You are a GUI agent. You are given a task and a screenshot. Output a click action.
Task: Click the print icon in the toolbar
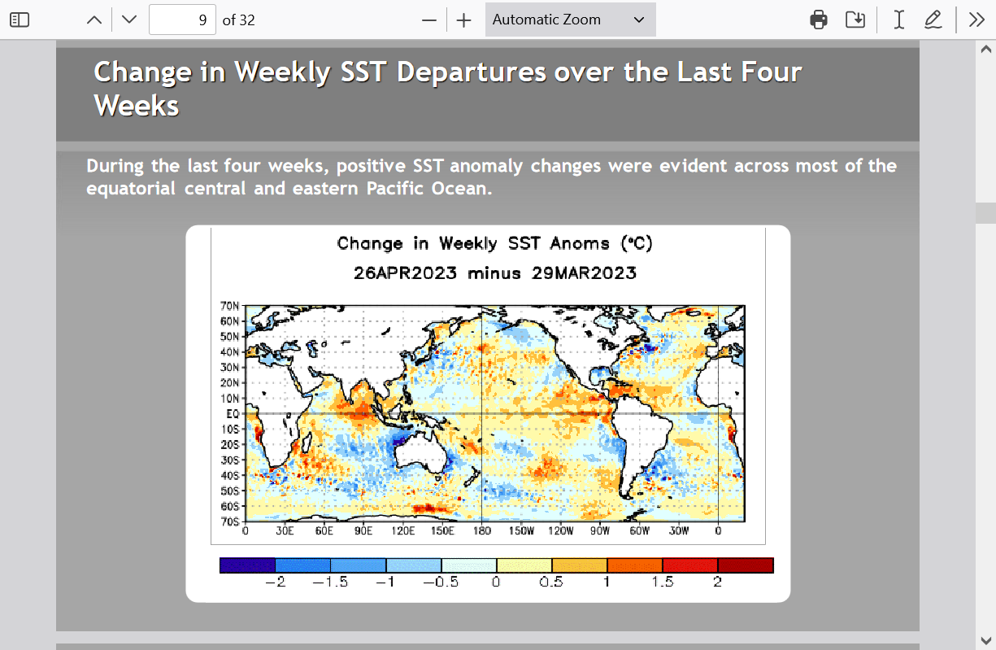819,20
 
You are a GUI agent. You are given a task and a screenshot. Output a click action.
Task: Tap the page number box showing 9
182,20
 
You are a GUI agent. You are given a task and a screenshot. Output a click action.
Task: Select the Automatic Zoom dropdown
571,20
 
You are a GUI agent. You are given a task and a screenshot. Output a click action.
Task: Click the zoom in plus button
463,20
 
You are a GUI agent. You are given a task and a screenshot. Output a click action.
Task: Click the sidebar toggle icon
20,20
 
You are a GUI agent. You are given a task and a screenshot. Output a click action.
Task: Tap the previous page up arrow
94,20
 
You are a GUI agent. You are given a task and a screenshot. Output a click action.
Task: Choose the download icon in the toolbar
855,20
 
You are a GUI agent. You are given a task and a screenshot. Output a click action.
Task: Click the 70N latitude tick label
229,306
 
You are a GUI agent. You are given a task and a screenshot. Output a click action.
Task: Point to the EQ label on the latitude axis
233,414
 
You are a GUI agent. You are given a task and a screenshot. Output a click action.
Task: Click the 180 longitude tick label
482,530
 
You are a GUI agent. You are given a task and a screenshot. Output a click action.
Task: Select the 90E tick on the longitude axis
363,530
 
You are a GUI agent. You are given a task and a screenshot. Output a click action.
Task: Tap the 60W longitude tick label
639,530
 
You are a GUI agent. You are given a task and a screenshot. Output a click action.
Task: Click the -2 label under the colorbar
276,582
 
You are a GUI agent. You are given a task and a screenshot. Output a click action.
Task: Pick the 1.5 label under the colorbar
662,582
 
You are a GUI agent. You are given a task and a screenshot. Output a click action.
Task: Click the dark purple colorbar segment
247,565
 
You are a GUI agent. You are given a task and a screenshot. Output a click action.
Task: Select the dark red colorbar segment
746,565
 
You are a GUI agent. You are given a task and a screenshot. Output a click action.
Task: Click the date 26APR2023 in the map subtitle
405,273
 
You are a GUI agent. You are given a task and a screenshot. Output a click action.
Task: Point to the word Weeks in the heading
136,106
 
